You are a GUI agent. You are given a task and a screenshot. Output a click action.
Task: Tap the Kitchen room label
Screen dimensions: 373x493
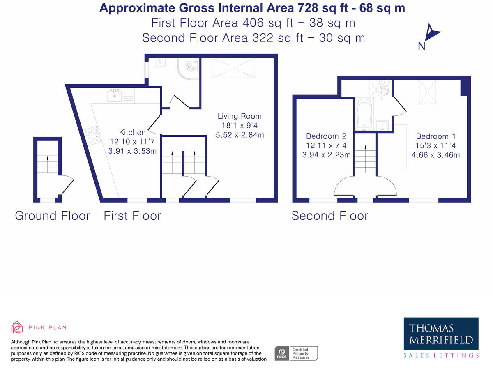tap(132, 132)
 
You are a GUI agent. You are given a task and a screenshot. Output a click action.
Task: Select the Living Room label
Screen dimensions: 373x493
tap(240, 116)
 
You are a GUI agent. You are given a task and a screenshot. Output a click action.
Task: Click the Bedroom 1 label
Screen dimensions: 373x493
tap(435, 136)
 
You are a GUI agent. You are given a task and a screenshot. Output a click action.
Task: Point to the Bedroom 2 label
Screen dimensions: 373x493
tap(326, 136)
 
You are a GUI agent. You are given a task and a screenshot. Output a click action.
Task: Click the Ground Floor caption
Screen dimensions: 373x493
tap(52, 215)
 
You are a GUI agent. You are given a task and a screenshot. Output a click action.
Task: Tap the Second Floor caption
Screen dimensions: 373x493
tap(329, 215)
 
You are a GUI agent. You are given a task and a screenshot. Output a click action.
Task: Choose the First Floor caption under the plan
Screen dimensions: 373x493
tap(132, 215)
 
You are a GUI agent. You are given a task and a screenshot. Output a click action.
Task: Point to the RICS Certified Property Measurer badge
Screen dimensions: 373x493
tap(296, 353)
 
